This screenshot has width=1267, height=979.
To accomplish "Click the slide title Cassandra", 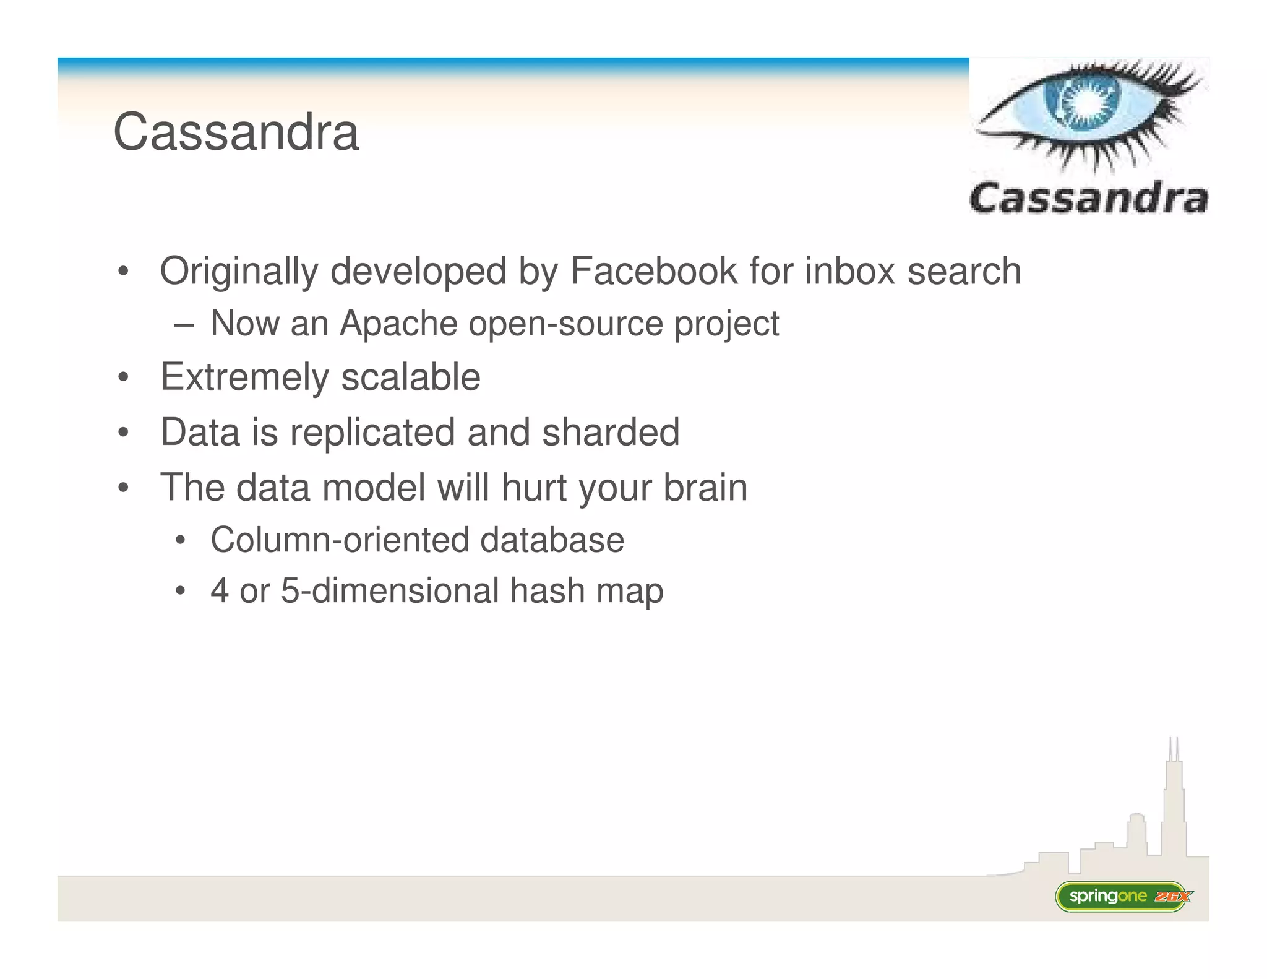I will coord(236,132).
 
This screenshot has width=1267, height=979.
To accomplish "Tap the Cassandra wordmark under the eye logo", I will coord(1088,199).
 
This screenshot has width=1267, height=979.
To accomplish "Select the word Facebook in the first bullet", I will coord(653,271).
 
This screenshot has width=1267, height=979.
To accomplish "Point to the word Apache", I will coord(398,323).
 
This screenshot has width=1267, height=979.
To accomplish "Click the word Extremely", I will coord(244,377).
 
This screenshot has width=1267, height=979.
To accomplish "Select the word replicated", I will coord(373,433).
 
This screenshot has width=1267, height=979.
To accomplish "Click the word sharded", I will coord(610,432).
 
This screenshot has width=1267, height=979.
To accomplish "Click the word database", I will coord(552,540).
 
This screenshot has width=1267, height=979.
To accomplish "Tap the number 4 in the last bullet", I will coord(219,590).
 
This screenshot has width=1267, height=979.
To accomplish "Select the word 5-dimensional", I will coord(389,590).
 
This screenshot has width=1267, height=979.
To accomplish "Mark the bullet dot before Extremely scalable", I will coord(123,377).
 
